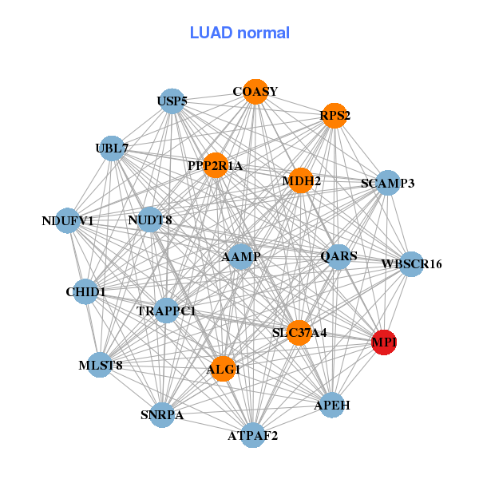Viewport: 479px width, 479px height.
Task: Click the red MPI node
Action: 384,342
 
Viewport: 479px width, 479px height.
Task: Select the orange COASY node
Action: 255,92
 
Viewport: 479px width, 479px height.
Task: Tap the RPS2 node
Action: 335,116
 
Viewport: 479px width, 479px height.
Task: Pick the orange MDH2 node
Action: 301,180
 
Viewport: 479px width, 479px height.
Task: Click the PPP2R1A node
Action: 216,165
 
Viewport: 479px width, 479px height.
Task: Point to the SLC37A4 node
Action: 299,333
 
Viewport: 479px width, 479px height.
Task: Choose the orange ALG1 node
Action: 224,369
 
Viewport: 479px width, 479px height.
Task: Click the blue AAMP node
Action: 241,256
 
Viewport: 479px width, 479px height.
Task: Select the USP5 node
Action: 172,101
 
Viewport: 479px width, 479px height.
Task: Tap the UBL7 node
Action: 112,148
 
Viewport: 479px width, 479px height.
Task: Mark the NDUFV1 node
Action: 68,220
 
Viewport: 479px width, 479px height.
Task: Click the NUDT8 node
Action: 150,220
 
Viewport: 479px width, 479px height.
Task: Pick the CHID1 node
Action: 85,291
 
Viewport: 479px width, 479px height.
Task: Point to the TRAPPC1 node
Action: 166,311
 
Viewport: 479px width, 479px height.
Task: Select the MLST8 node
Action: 101,365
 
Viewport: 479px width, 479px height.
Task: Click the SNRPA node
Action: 162,415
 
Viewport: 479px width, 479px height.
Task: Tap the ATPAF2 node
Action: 253,435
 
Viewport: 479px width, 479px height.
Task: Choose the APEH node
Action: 332,405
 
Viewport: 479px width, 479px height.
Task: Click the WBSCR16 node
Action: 412,264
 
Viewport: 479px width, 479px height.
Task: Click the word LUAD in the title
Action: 211,33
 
